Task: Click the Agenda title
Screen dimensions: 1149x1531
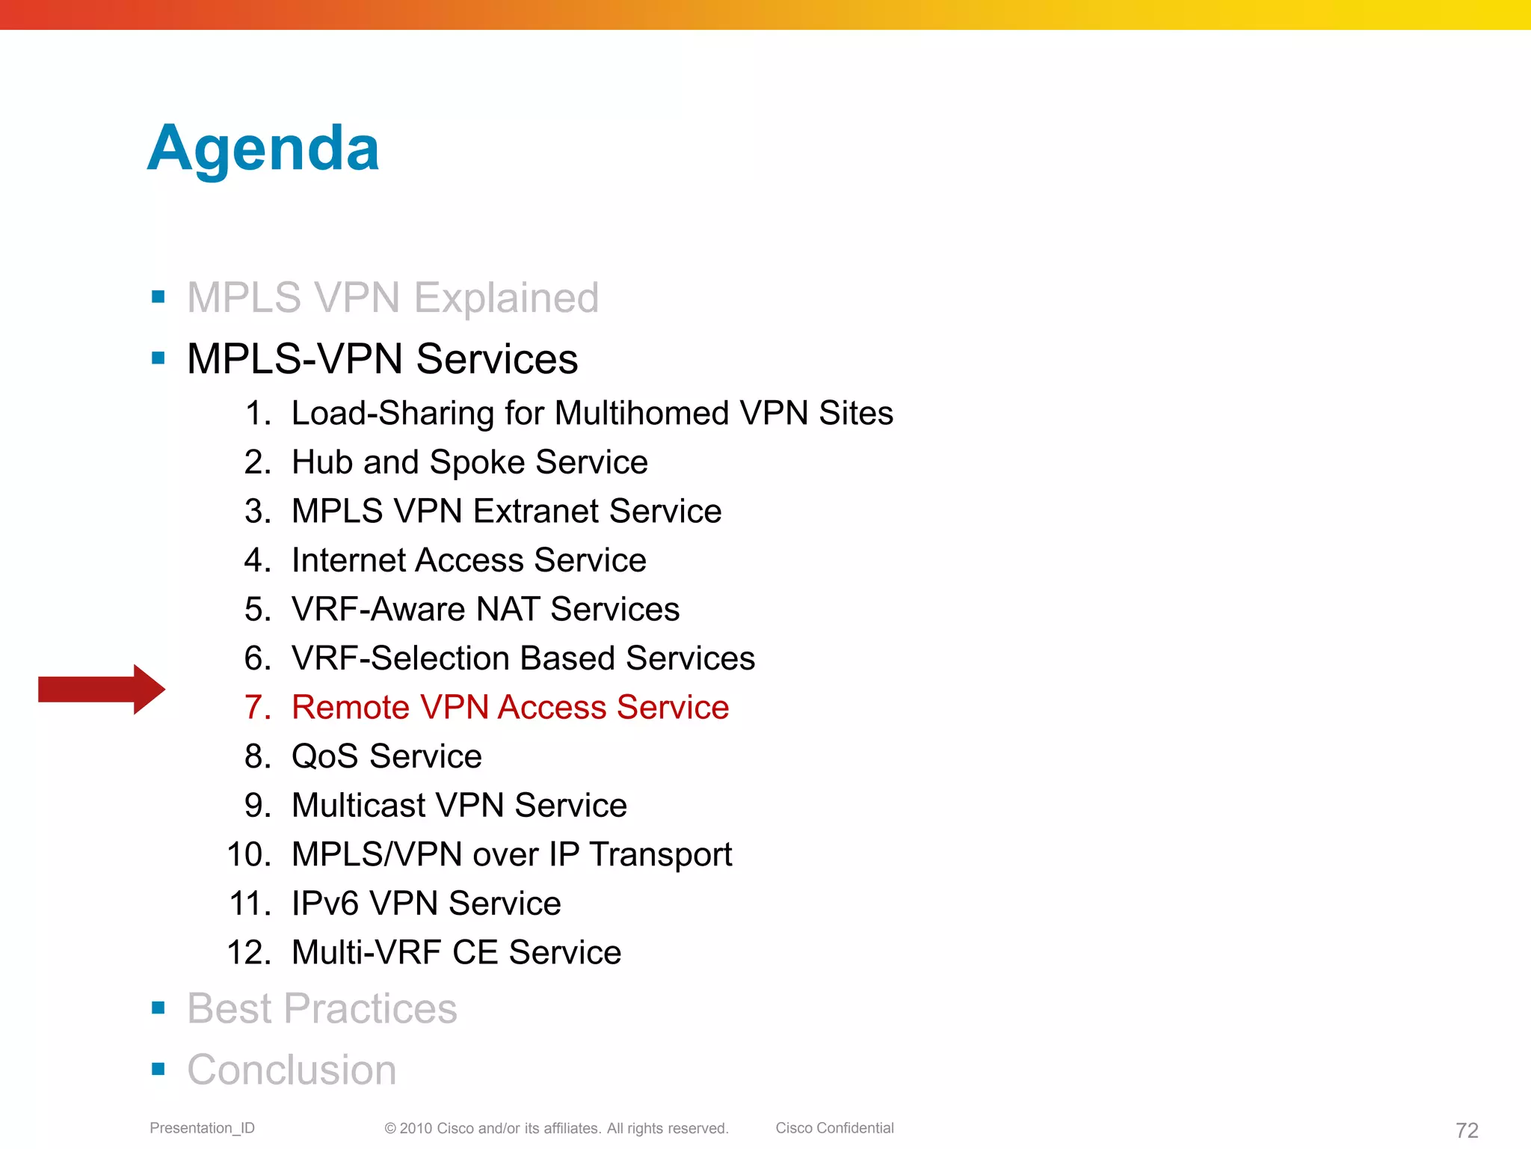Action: pos(263,149)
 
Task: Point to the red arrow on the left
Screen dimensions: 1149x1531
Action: pos(102,689)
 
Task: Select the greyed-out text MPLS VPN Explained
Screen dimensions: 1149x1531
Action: pos(392,298)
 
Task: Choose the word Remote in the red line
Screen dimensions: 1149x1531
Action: pos(351,708)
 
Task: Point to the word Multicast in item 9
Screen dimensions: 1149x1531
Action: pos(359,806)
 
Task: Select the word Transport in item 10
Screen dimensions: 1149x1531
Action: pos(660,855)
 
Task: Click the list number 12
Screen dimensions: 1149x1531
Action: pos(248,953)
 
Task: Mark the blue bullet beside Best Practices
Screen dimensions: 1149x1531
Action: pos(158,1008)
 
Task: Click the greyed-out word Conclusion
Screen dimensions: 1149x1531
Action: pos(292,1070)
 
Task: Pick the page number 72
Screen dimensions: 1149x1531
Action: pos(1467,1130)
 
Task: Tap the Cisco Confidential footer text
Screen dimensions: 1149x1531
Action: pos(834,1128)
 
